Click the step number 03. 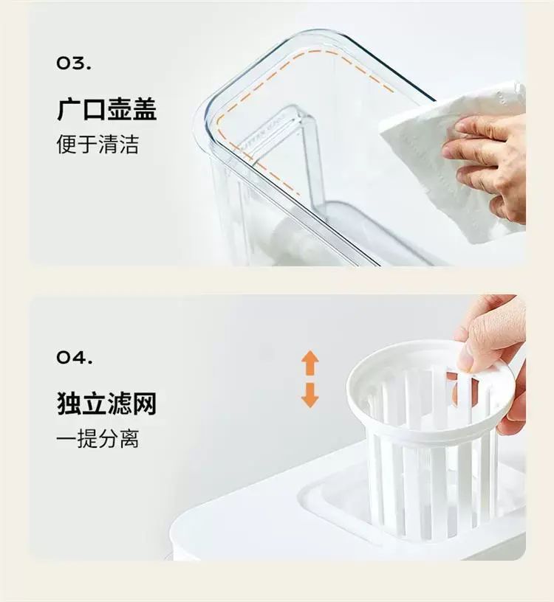[74, 63]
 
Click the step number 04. [74, 357]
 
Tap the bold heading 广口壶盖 [107, 110]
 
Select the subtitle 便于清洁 [98, 145]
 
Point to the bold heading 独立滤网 [107, 404]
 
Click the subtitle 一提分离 [98, 438]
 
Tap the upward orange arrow [310, 363]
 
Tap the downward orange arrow [310, 395]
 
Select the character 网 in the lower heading [144, 404]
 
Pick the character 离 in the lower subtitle [129, 438]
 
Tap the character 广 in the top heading [69, 110]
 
